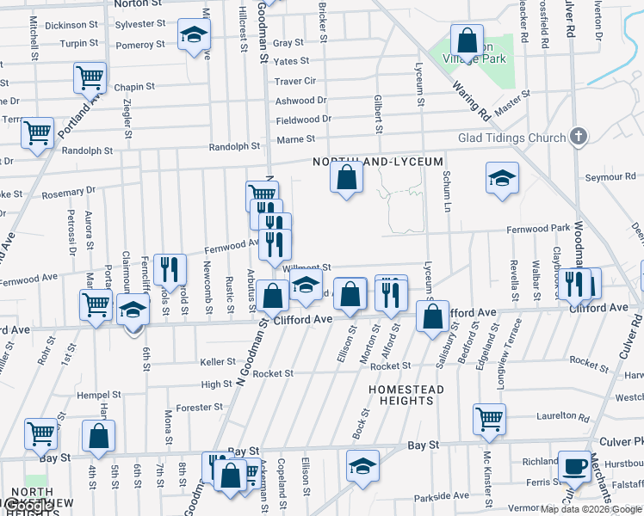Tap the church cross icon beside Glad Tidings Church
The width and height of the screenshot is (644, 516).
tap(579, 137)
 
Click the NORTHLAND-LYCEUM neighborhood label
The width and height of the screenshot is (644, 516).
tap(378, 162)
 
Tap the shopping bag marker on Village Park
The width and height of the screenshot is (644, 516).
tap(466, 40)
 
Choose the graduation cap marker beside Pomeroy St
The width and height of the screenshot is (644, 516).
tap(194, 35)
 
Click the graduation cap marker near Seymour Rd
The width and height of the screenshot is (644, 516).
tap(503, 177)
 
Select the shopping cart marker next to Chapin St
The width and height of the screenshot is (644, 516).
tap(90, 77)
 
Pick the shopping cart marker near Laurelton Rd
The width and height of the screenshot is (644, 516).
tap(489, 419)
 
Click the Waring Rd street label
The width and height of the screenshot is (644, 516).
tap(473, 101)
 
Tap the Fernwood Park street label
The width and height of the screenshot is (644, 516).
tap(538, 228)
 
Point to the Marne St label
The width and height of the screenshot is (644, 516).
tap(295, 139)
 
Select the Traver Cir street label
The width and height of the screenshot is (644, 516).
tap(295, 81)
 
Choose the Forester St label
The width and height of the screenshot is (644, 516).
tap(200, 407)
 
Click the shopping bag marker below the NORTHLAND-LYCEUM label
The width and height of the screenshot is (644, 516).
tap(345, 178)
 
